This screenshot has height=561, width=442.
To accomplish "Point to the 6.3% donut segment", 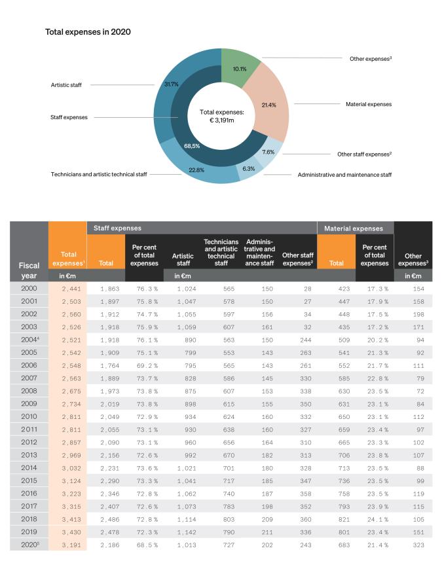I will (249, 168).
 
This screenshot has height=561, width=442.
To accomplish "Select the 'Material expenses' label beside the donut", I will (368, 103).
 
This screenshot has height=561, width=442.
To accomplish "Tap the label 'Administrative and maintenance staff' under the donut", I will (344, 175).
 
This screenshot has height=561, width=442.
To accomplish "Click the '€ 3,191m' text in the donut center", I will (221, 120).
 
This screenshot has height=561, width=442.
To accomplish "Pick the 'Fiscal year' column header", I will (29, 271).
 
